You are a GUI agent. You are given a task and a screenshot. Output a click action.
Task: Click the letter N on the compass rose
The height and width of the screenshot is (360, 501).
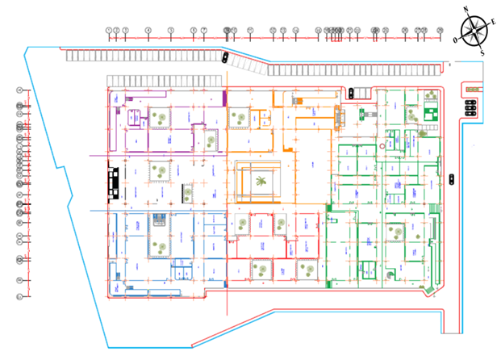coord(466,10)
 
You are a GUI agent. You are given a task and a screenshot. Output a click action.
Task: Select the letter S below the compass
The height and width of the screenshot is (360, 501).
coord(482,53)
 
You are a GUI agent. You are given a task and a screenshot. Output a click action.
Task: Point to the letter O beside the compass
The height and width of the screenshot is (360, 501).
coord(456,39)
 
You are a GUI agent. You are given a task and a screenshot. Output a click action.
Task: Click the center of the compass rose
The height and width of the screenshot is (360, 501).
coord(474,31)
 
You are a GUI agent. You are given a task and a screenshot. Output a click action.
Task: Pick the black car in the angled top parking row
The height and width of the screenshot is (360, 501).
coord(225,57)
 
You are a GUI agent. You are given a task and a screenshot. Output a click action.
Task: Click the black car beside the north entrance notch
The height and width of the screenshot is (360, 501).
coord(350,93)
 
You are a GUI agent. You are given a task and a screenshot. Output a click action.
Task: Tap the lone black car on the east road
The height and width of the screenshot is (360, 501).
coord(451,178)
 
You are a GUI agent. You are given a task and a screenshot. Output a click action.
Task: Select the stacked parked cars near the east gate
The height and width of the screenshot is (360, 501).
coord(469,107)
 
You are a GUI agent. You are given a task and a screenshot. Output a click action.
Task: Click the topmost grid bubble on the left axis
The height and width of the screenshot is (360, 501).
coord(19,90)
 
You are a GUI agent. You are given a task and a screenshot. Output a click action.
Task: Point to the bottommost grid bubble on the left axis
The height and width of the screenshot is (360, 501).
coord(19,296)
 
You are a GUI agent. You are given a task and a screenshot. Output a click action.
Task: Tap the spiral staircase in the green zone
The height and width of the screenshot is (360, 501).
coord(392,276)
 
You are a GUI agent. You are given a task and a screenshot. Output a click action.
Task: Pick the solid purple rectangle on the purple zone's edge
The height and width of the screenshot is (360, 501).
coord(223,98)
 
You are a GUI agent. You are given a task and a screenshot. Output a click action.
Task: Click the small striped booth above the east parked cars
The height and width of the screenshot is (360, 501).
coord(470,88)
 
